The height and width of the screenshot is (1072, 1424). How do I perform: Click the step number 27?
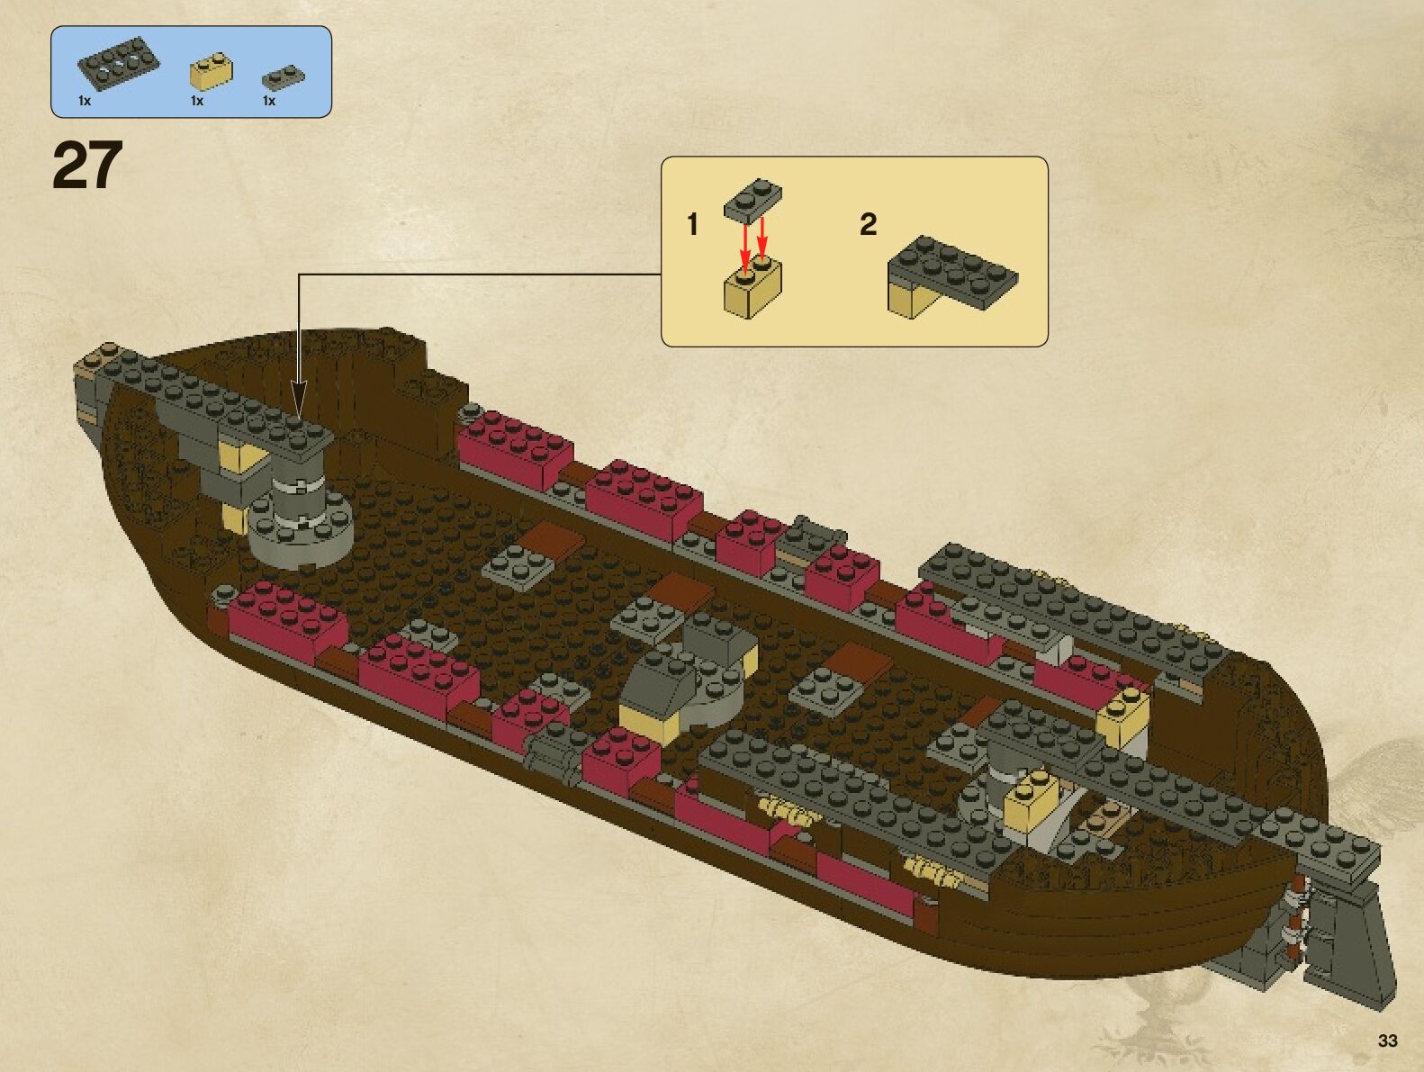click(x=87, y=166)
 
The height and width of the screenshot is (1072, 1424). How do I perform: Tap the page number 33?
click(x=1387, y=1040)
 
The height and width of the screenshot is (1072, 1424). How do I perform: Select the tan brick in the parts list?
click(x=211, y=73)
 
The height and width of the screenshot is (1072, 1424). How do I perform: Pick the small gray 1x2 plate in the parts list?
click(x=283, y=77)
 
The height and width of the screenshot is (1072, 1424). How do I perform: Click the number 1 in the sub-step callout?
click(x=692, y=224)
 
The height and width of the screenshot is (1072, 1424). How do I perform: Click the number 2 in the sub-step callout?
click(x=868, y=224)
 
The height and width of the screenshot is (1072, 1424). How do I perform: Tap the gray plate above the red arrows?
click(x=753, y=199)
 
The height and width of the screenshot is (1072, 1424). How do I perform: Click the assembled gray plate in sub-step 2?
click(x=954, y=268)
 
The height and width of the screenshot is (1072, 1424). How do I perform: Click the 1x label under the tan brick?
click(x=197, y=101)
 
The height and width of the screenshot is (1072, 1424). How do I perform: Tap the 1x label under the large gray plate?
click(x=85, y=101)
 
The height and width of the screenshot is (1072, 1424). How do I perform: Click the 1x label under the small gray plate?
click(x=268, y=101)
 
